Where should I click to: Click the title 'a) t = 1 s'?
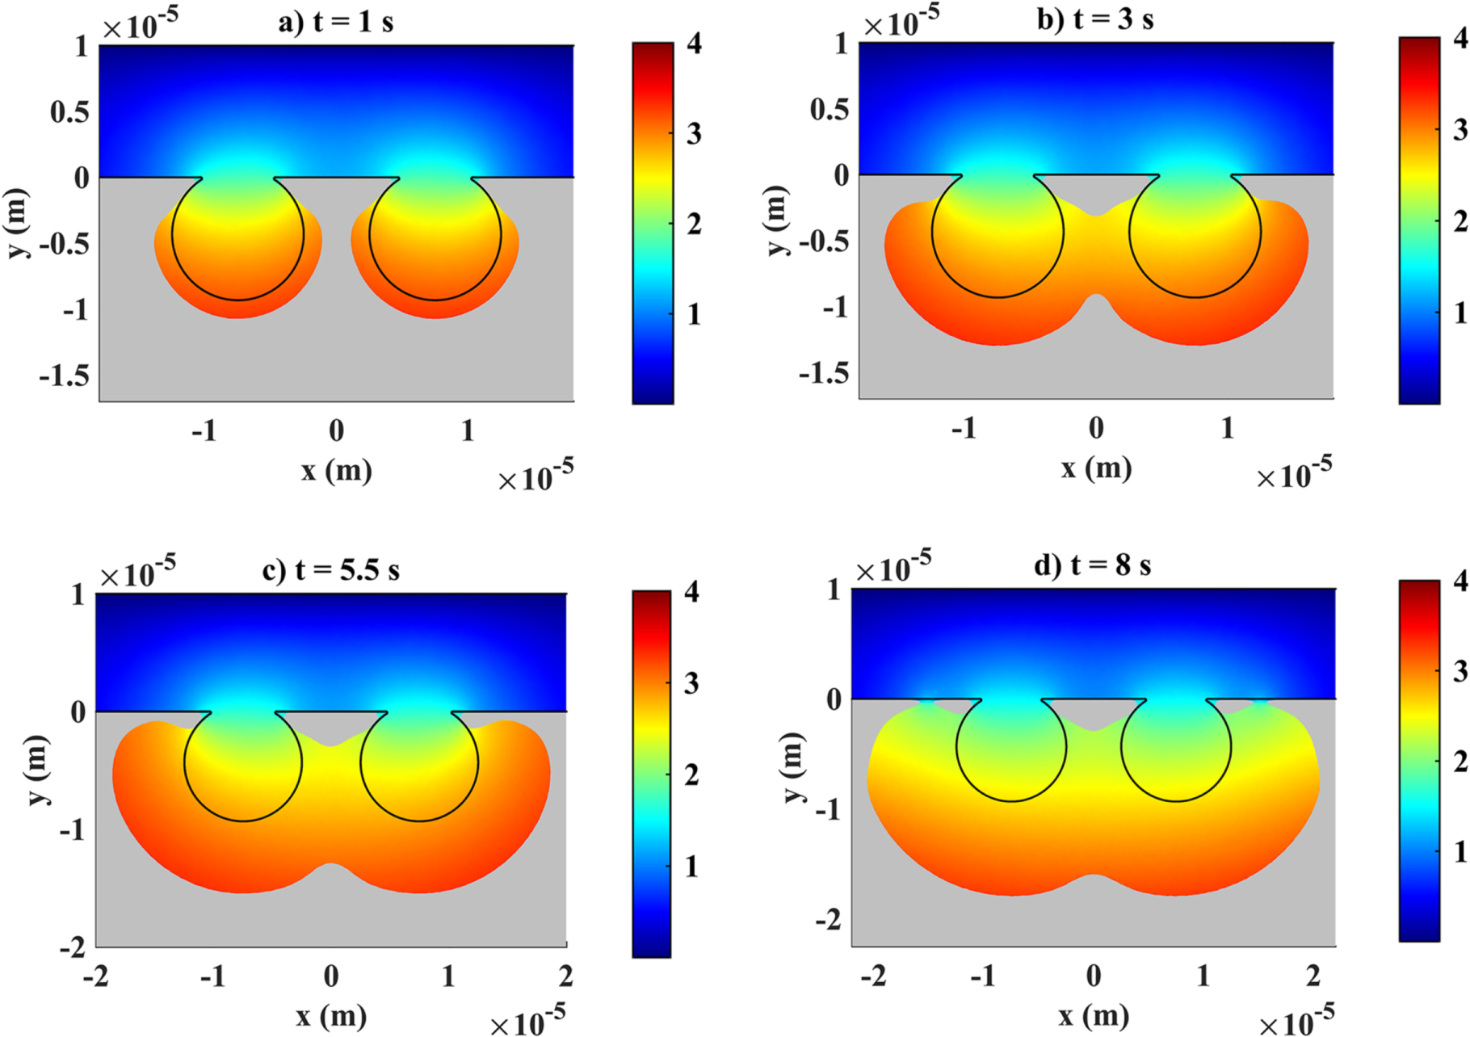335,22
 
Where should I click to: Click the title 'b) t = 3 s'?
1094,19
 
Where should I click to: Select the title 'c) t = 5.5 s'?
330,570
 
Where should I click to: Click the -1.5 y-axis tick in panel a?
64,376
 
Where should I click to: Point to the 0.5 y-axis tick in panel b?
829,108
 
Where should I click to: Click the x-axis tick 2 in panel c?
565,976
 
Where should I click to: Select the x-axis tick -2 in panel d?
873,976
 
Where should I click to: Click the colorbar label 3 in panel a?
693,133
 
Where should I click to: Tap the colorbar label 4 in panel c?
691,591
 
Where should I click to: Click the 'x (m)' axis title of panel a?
336,470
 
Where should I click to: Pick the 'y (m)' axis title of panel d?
792,767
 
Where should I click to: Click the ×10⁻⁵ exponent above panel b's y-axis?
901,23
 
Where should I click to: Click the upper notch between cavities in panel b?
1095,215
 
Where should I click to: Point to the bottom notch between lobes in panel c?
330,864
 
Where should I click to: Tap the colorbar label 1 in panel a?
693,314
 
